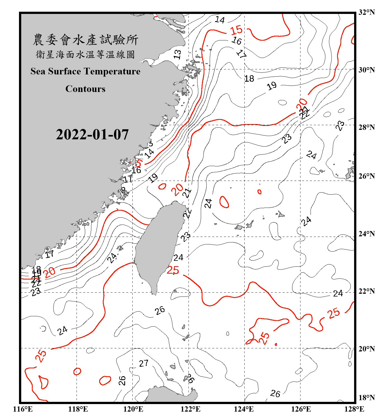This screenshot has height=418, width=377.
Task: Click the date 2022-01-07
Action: [x=92, y=135]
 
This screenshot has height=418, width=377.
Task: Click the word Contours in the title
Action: [x=85, y=89]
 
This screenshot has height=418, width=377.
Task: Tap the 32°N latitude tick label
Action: [x=367, y=12]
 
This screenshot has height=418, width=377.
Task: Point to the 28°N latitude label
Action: [x=367, y=127]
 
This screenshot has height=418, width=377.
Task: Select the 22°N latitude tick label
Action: [x=367, y=291]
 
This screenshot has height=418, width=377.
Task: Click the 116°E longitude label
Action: [x=23, y=409]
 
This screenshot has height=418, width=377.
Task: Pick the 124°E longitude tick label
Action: [x=244, y=409]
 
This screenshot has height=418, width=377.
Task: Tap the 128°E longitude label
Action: [x=354, y=409]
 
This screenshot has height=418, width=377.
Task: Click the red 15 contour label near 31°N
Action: [x=236, y=30]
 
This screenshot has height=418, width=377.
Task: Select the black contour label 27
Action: [x=144, y=363]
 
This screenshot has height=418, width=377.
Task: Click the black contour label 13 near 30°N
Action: [x=177, y=54]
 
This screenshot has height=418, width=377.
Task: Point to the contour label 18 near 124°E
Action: [x=249, y=79]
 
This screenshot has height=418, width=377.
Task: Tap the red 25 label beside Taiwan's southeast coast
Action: [x=173, y=270]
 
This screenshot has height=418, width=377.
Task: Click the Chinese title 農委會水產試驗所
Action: [x=85, y=40]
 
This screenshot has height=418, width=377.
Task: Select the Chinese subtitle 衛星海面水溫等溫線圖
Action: [x=85, y=54]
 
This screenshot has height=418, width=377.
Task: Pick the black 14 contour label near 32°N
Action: [x=220, y=20]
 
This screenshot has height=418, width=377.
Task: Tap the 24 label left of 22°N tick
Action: [x=338, y=293]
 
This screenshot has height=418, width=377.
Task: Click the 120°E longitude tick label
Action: [x=133, y=409]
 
